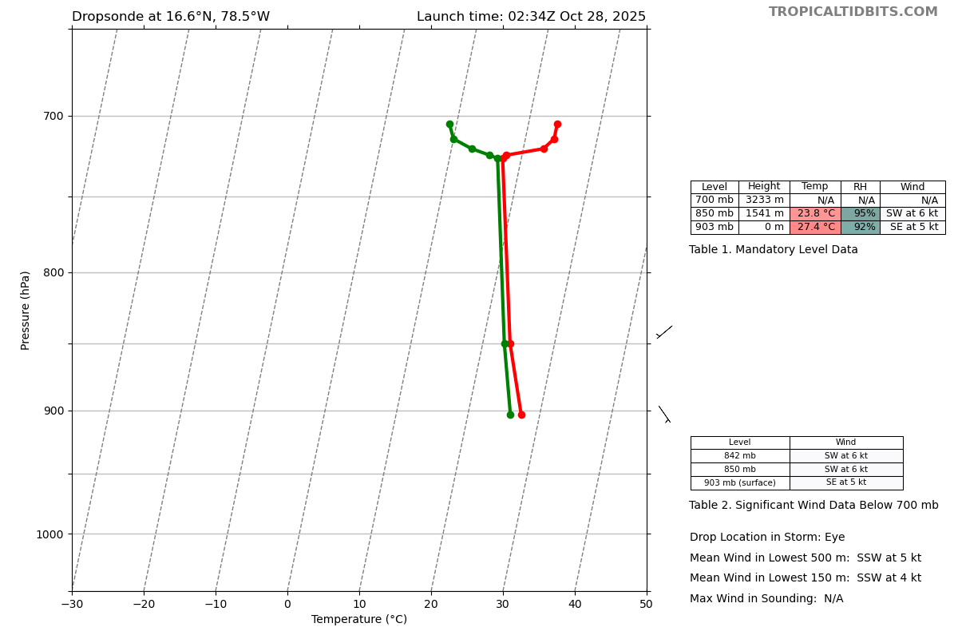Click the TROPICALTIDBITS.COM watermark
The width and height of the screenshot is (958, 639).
coord(853,12)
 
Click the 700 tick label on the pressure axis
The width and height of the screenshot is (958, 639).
coord(53,117)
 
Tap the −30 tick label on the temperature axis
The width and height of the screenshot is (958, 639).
coord(72,605)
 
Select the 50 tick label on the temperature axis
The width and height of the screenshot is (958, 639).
coord(646,605)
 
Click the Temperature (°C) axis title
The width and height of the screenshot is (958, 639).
coord(359,620)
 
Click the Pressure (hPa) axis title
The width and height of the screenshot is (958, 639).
coord(26,310)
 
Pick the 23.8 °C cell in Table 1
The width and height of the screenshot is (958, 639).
coord(815,214)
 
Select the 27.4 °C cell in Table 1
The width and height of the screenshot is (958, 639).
coord(815,228)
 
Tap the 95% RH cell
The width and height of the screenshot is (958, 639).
coord(861,214)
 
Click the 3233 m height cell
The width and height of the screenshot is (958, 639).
coord(764,200)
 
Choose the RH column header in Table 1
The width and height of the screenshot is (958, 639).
coord(860,187)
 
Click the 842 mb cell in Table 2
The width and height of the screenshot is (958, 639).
coord(740,456)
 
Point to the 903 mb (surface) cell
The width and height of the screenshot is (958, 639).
coord(740,483)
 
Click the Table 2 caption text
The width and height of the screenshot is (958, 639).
coord(814,506)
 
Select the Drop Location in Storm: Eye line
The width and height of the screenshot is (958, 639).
coord(767,538)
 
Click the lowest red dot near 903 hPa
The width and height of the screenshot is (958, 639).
coord(521,415)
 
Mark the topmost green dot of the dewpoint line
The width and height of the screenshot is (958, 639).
coord(449,125)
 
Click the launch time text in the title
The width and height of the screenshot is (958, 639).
coord(531,17)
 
